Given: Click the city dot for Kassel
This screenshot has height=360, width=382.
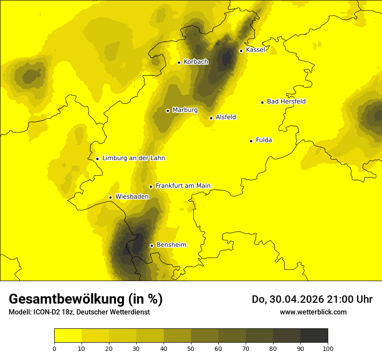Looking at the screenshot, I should coord(241,51).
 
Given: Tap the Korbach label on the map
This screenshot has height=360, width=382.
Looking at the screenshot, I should coord(196,62).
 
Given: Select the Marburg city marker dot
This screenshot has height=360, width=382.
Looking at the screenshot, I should coord(168,111).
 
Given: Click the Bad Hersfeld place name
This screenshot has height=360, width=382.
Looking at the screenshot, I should coord(286,102).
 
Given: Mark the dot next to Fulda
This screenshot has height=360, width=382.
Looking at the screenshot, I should coord(251,141).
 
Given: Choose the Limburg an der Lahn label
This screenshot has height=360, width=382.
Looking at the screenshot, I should coord(133,158).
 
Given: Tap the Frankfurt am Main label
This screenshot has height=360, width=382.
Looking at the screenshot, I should coord(183,186).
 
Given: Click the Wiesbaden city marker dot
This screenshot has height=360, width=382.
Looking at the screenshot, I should coord(110,197).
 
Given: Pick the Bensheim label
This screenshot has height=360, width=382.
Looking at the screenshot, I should coord(171,245).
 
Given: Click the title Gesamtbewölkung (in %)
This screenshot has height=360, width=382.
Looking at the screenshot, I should coord(86,299).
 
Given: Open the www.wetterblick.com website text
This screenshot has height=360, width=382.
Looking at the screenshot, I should coord(313,312).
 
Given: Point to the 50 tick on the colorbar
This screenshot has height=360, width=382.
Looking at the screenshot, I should coord(191,348).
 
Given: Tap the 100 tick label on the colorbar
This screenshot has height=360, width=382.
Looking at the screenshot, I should coord(328,348).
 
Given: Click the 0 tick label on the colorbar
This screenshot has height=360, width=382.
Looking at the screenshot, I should coord(54,348).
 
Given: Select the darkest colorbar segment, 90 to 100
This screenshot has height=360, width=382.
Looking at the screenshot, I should coord(314,335).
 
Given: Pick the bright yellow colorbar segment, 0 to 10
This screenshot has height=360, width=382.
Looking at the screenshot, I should coord(68,335).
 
